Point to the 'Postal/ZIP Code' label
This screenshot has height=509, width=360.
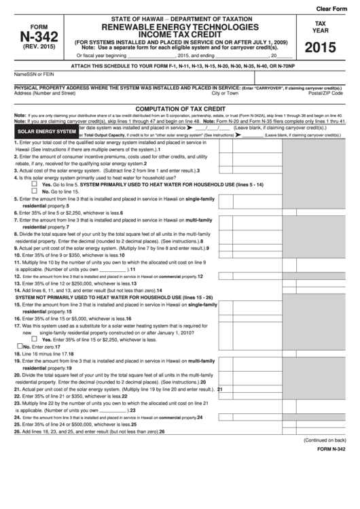coord(325,93)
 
